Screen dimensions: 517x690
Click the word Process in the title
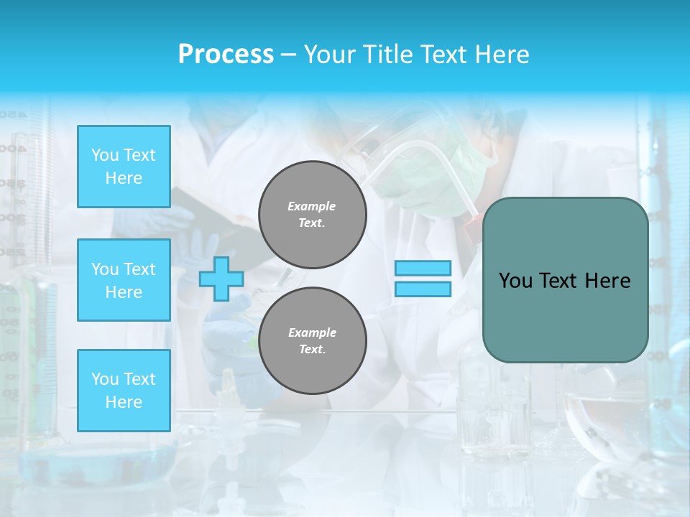[x=226, y=55]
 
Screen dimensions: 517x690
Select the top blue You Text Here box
[x=124, y=167]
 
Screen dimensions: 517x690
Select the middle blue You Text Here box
[x=124, y=280]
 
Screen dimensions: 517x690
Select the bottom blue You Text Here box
[x=124, y=390]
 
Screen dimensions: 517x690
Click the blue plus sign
[x=221, y=279]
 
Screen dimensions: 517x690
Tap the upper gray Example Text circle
[x=313, y=215]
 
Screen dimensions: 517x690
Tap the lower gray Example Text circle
[x=313, y=340]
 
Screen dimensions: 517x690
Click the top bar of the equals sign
[x=423, y=269]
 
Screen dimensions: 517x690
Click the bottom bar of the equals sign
[x=423, y=289]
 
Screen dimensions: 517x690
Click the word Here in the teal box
[x=607, y=281]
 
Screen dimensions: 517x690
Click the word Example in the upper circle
[x=312, y=206]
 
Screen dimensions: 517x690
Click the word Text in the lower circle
[x=311, y=350]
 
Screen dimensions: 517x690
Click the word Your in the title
[x=327, y=55]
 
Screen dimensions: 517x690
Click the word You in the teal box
[x=515, y=281]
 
